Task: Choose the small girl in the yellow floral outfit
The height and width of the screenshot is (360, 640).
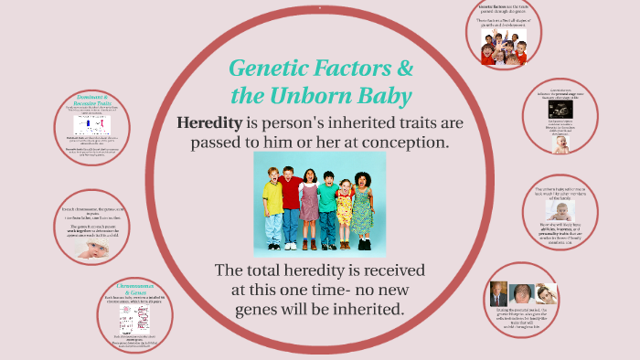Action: (x=345, y=215)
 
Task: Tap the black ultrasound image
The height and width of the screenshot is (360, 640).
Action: (x=560, y=110)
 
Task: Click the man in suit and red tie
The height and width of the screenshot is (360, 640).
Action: (x=498, y=293)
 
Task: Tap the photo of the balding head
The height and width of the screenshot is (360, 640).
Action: (x=522, y=294)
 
